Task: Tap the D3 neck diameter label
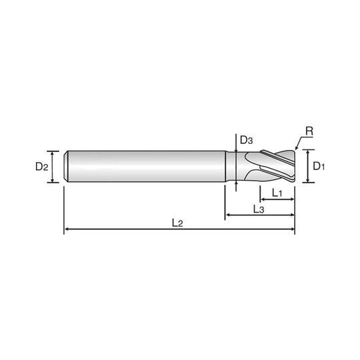pos(246,140)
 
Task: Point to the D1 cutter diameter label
pos(318,165)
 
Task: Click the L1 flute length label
pos(279,192)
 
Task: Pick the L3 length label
pos(260,209)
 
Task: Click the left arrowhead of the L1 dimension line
pos(267,198)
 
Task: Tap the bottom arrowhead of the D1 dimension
pos(308,180)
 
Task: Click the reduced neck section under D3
pos(237,165)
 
